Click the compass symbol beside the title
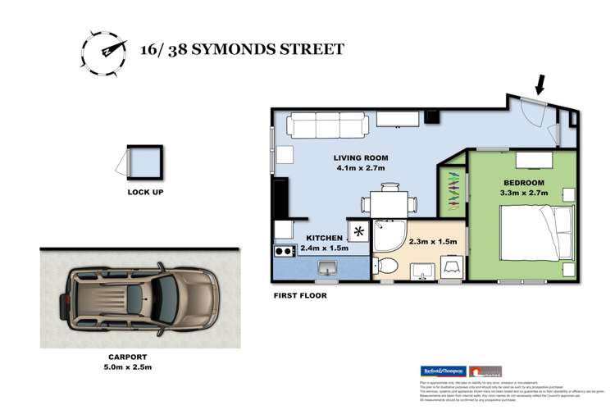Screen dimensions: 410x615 coord(102,50)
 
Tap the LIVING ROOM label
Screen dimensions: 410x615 coord(360,157)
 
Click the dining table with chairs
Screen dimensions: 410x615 coord(389,202)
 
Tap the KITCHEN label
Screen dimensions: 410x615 coord(308,238)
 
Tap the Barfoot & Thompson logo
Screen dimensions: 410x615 coord(442,371)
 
